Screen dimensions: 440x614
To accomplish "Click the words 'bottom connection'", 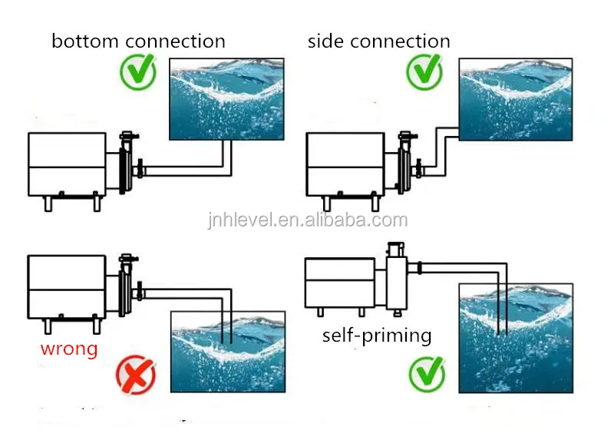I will click(x=138, y=41).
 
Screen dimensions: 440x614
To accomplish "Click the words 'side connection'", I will click(x=379, y=41).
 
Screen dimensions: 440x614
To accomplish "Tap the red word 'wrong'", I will click(x=70, y=349).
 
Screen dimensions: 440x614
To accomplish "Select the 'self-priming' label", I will click(x=377, y=336).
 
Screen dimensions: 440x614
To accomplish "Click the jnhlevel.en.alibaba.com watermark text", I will click(x=307, y=220).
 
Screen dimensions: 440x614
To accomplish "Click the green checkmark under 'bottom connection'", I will click(x=138, y=73).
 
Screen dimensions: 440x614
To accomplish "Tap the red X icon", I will click(x=136, y=376).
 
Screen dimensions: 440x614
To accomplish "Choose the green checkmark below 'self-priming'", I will click(x=427, y=375).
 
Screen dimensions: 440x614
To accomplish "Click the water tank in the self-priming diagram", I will click(x=516, y=338).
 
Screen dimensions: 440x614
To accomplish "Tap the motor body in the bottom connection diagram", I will click(x=66, y=164).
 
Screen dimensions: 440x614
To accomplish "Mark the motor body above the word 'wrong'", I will click(x=66, y=286).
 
